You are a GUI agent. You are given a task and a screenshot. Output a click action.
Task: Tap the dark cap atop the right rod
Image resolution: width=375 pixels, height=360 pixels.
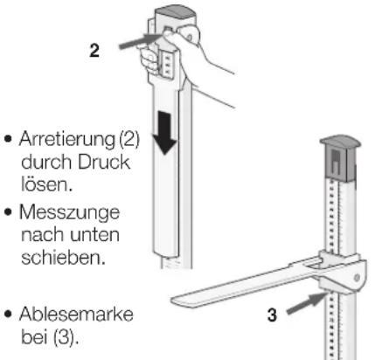click(x=337, y=156)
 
